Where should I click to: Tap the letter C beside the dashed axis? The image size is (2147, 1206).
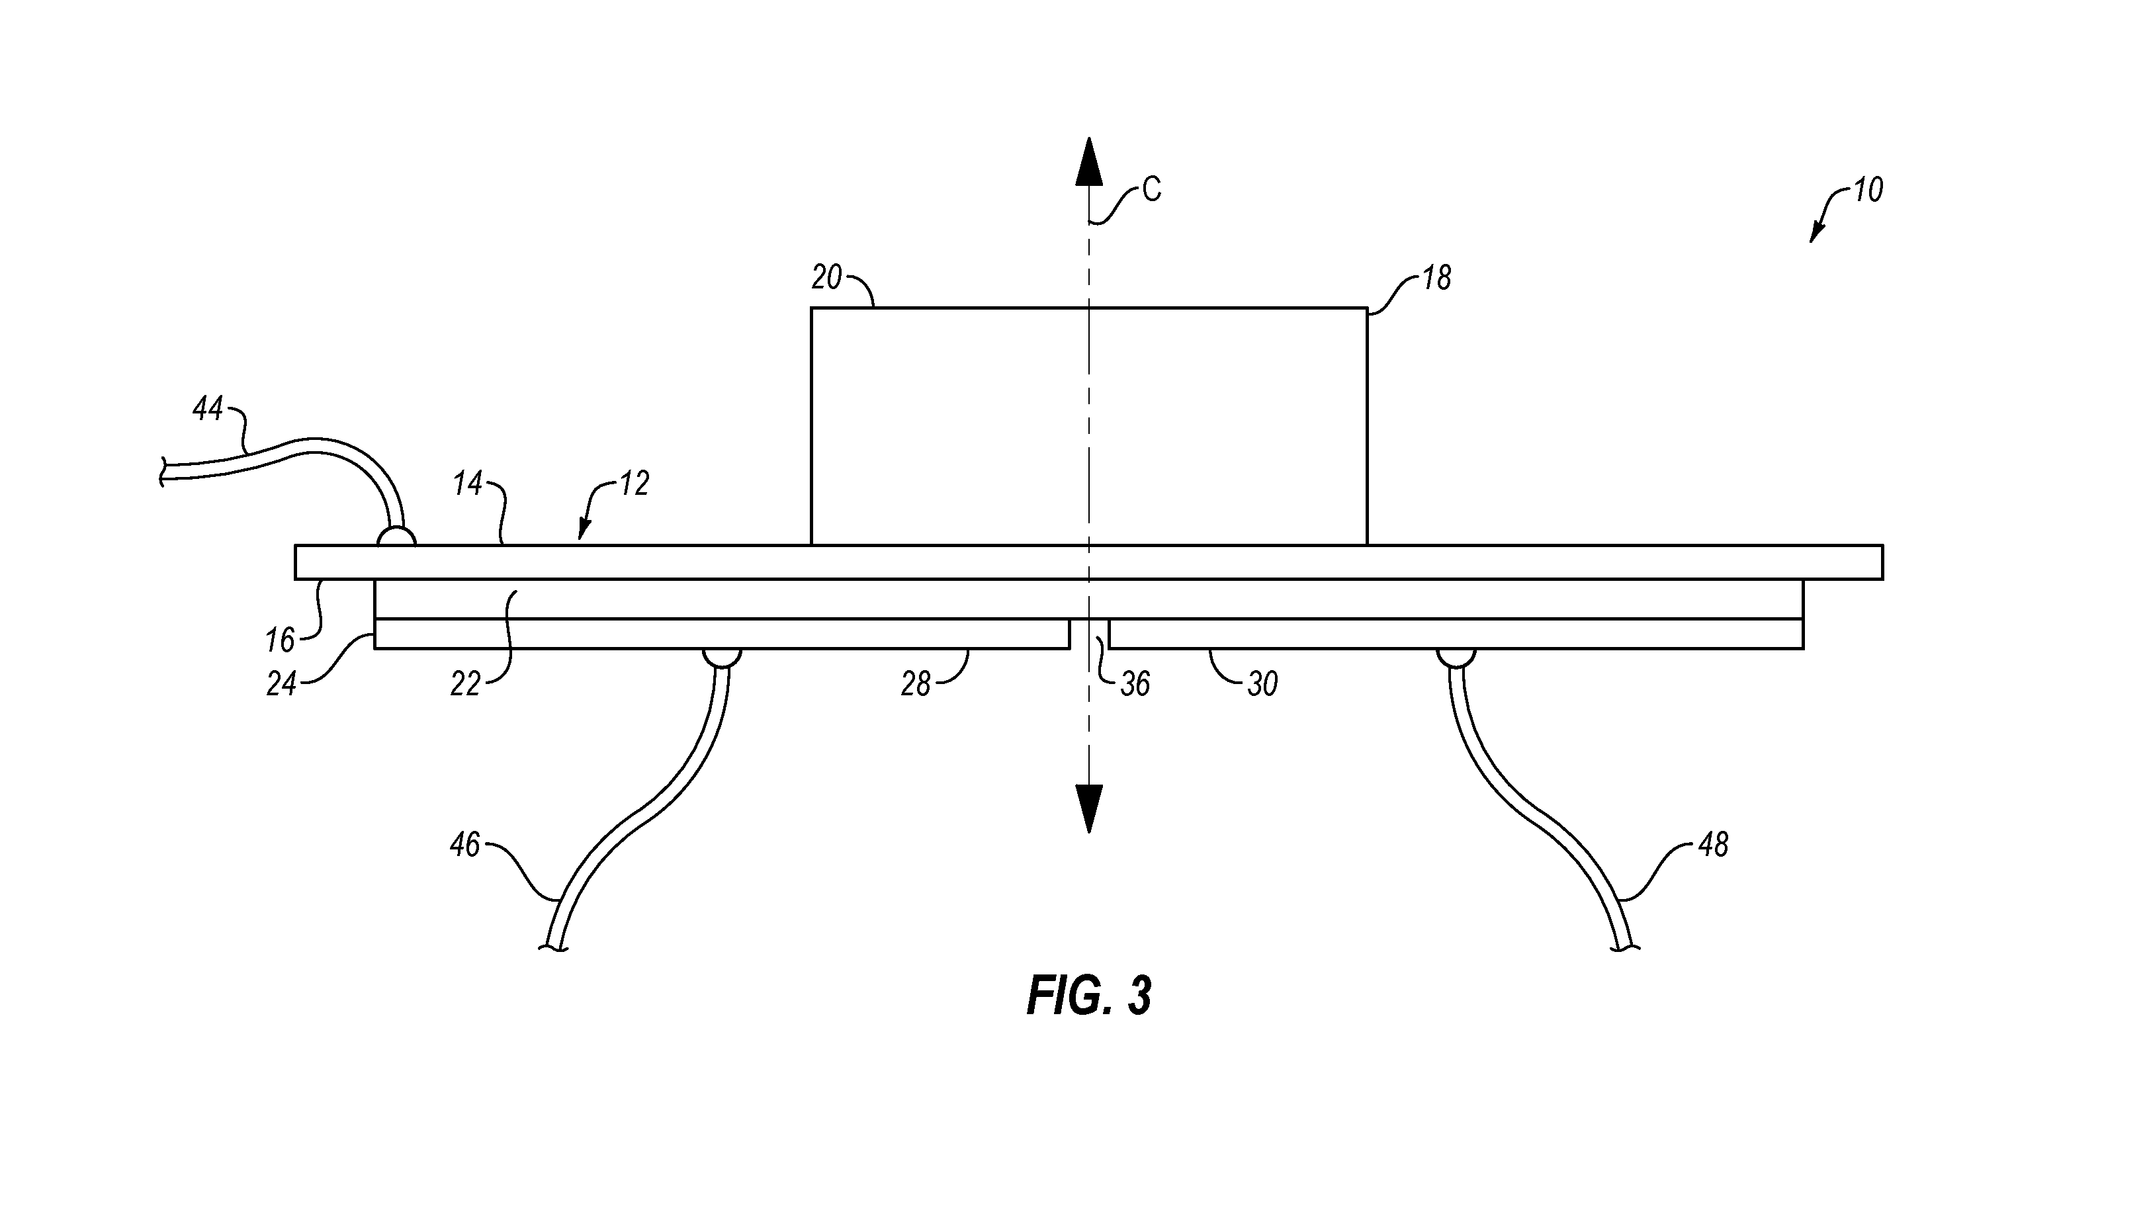tap(1151, 190)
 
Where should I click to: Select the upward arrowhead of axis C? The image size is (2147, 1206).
tap(1088, 160)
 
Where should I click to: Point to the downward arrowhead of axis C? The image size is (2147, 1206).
tap(1088, 808)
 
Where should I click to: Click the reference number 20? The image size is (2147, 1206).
tap(827, 278)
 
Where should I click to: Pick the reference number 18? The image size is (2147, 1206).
tap(1436, 278)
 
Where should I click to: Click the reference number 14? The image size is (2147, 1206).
tap(468, 484)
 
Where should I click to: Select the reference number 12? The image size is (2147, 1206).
tap(635, 484)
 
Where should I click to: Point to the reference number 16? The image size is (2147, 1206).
tap(280, 640)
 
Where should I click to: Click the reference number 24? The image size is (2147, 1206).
tap(282, 684)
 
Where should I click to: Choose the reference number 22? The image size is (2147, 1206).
tap(465, 684)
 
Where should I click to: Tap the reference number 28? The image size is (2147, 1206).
tap(916, 684)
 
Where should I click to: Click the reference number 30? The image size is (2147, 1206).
tap(1262, 684)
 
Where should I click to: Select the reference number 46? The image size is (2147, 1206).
tap(465, 845)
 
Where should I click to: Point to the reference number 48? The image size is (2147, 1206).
tap(1713, 845)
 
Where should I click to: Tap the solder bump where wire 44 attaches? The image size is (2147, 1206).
tap(396, 537)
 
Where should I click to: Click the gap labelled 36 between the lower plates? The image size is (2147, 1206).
tap(1089, 633)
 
